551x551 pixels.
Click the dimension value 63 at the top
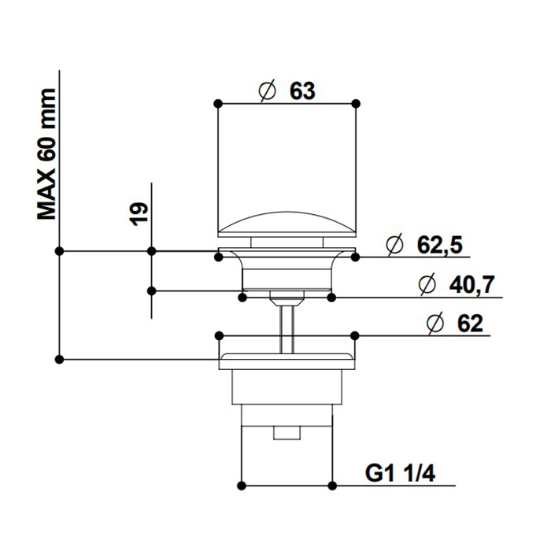tap(302, 91)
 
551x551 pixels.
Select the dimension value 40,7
tap(472, 284)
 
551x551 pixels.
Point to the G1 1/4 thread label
tap(400, 473)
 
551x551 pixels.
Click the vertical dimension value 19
tap(139, 213)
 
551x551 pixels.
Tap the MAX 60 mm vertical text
tap(46, 154)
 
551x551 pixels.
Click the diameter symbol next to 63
tap(267, 91)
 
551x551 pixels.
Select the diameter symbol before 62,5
tap(394, 245)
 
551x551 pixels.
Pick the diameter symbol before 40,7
tap(427, 285)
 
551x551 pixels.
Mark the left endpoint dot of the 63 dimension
tap(218, 104)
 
